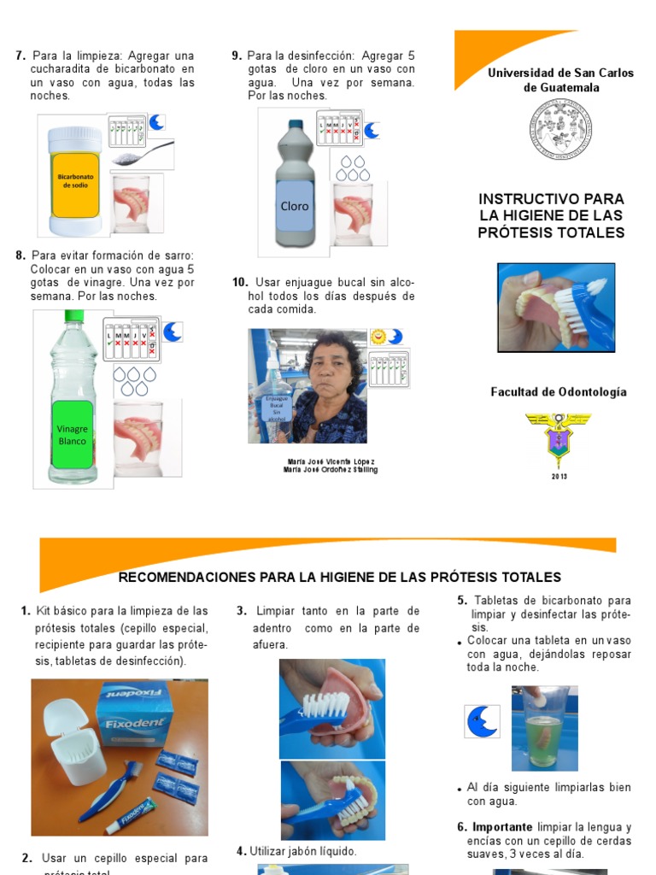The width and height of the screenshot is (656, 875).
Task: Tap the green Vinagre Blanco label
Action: pos(72,434)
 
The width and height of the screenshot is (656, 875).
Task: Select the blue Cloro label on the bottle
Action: pos(295,206)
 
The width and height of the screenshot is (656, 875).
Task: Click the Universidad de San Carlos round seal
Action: pos(560,128)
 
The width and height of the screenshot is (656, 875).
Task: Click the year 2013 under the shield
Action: pos(559,476)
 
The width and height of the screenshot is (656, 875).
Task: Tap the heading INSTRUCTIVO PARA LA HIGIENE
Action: pos(551,215)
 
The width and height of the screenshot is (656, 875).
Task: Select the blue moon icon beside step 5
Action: pos(482,721)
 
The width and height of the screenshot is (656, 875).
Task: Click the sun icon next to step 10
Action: pos(378,337)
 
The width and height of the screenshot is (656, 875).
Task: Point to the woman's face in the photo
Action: pos(331,370)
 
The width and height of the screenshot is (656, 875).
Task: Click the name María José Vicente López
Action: pos(331,461)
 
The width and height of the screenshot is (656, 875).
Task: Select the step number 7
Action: pos(20,56)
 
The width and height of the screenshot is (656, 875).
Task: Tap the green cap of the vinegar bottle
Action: pos(73,316)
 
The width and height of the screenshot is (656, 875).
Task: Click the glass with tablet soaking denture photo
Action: pos(544,728)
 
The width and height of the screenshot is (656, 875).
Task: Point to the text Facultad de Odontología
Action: pos(558,392)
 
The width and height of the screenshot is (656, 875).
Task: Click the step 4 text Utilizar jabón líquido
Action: pos(296,851)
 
